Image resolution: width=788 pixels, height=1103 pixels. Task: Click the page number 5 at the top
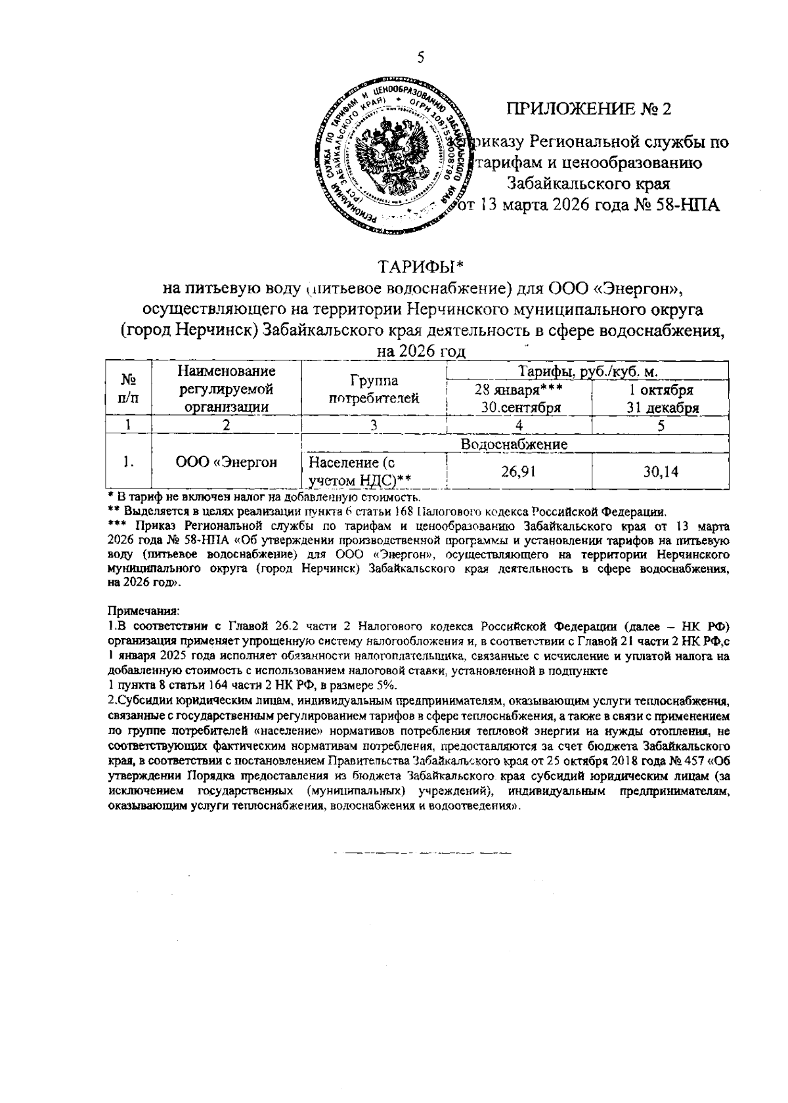coord(420,58)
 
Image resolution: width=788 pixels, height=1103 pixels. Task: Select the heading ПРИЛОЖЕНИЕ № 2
coord(589,108)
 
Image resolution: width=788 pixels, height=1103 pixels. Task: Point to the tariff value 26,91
coord(519,471)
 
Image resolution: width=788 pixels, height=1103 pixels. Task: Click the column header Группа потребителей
coord(373,389)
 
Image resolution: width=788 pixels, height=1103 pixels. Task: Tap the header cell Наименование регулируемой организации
coord(227,389)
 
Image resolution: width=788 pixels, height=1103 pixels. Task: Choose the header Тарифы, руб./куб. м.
coord(588,372)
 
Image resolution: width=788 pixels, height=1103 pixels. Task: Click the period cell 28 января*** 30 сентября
coord(520,399)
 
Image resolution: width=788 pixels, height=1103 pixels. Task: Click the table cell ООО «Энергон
coord(227,462)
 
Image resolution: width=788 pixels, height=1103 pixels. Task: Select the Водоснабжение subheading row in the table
coord(514,444)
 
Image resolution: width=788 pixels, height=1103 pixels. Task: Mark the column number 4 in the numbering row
coord(519,425)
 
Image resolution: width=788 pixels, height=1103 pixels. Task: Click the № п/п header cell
coord(129,389)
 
